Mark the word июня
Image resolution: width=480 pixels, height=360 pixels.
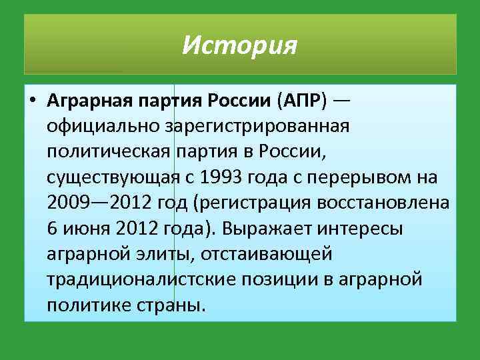tap(85, 228)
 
